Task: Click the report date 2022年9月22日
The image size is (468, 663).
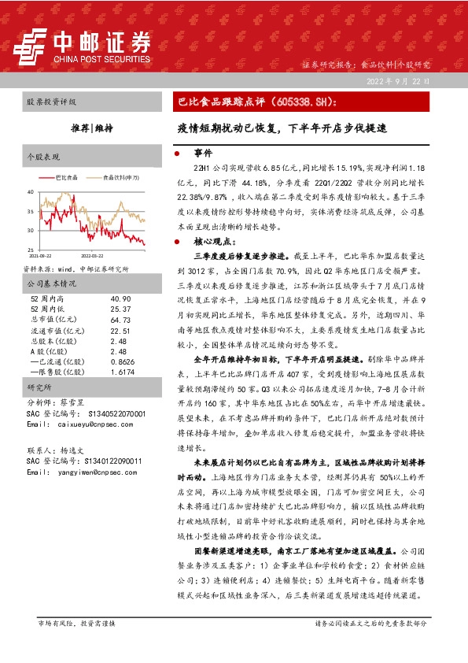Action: [399, 81]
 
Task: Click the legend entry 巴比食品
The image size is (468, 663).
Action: [67, 178]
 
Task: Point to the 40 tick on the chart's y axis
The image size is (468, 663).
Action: [30, 191]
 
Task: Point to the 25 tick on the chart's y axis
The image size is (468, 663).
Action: [30, 250]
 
